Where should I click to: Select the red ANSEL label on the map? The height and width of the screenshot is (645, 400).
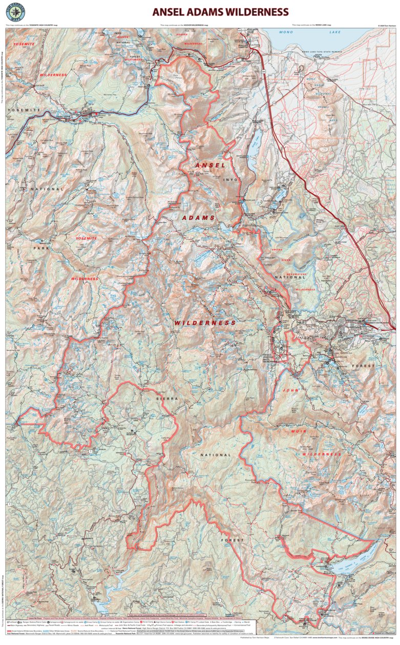(x=210, y=165)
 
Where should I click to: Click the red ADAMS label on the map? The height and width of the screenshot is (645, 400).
(x=199, y=218)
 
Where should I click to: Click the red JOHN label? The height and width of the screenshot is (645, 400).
(x=290, y=390)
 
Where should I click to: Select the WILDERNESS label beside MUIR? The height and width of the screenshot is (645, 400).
(x=322, y=454)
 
